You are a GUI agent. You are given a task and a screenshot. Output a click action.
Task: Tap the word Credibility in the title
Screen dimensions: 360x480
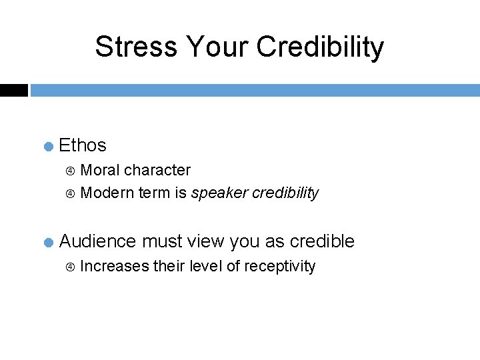point(320,47)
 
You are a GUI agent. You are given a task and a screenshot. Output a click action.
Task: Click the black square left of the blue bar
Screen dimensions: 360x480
point(13,90)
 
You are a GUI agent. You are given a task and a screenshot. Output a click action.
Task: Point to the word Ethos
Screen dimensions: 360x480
point(83,145)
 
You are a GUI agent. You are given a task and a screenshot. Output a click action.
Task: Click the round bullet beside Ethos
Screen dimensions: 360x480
point(49,146)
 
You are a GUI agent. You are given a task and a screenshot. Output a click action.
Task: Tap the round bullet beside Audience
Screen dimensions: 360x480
point(49,242)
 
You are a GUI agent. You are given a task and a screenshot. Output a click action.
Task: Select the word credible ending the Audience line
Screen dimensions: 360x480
point(322,241)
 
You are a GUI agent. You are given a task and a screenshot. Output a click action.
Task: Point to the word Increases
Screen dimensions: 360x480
point(114,266)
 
